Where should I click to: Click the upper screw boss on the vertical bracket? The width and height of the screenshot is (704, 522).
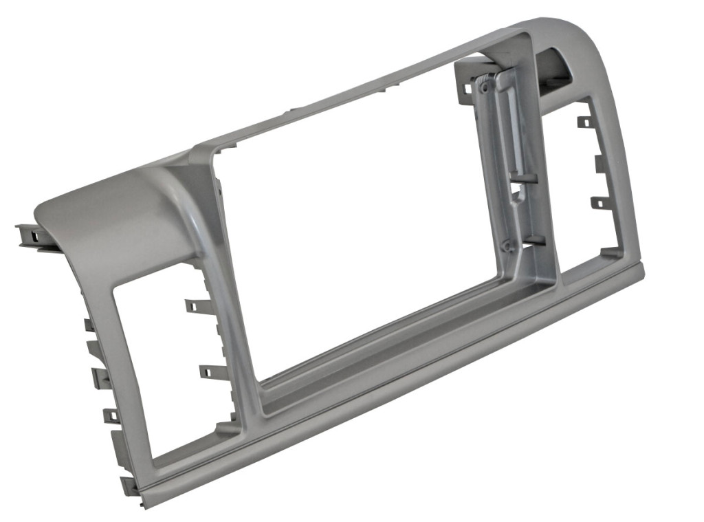(x=485, y=88)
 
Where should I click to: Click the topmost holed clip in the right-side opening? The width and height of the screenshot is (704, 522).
(x=584, y=122)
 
